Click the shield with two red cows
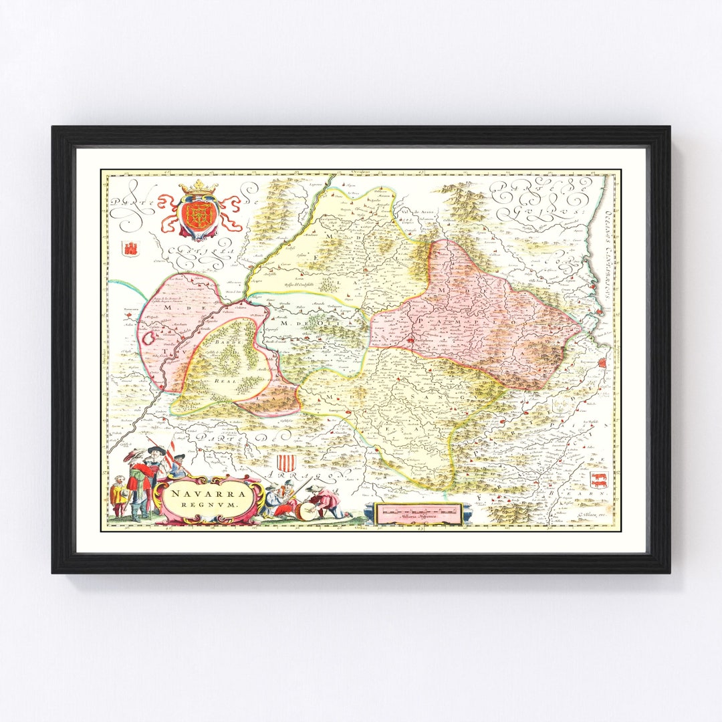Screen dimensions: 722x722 click(x=598, y=479)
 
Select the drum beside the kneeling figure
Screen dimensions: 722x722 click(x=306, y=511)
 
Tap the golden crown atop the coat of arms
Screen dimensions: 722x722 click(x=198, y=188)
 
